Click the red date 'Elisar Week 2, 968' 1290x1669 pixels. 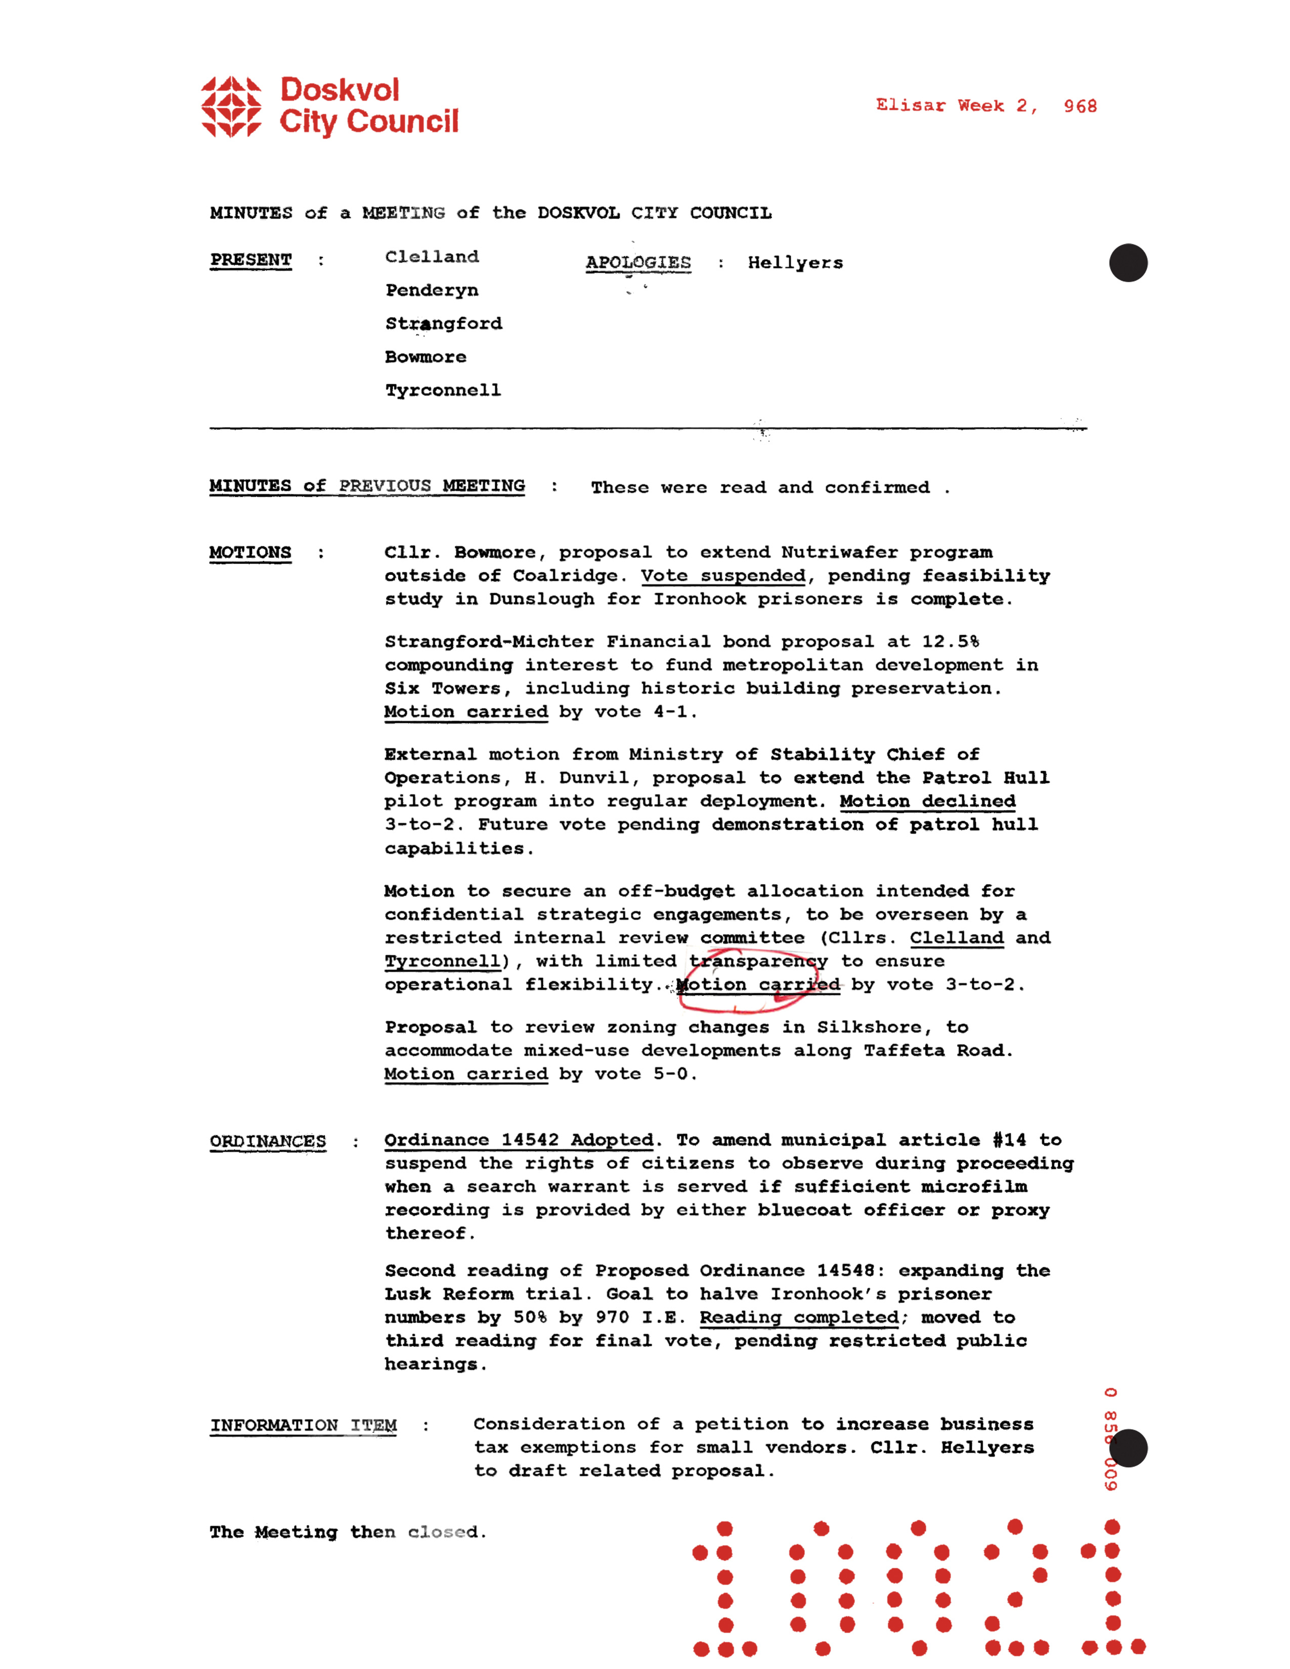[x=986, y=106]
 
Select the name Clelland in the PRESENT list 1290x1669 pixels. [x=432, y=257]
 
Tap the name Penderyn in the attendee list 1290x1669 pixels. [x=432, y=290]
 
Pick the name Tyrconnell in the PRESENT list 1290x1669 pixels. [x=443, y=390]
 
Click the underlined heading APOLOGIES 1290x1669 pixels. [x=638, y=262]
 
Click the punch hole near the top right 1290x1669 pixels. [x=1128, y=263]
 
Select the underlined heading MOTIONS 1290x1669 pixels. [x=250, y=552]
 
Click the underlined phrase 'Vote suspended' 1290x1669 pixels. [x=723, y=576]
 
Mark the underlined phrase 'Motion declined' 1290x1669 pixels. [x=927, y=801]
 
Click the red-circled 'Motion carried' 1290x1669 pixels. [x=757, y=984]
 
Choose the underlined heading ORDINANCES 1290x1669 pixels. [x=268, y=1141]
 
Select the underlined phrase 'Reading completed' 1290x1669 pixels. [x=799, y=1316]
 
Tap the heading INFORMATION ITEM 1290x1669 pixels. [x=304, y=1425]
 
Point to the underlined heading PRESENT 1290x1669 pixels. [x=250, y=260]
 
